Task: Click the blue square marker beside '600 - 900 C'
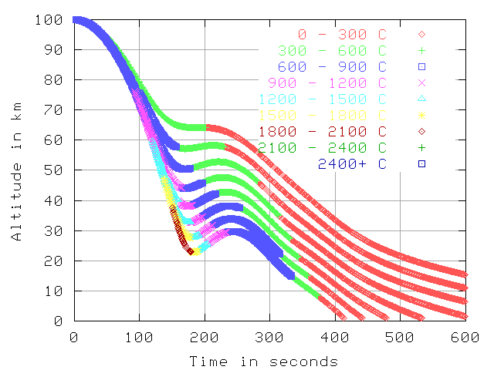click(x=422, y=66)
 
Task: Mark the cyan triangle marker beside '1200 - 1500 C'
click(x=422, y=99)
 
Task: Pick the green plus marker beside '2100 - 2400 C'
click(x=422, y=146)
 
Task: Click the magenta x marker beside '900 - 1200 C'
click(x=422, y=82)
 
